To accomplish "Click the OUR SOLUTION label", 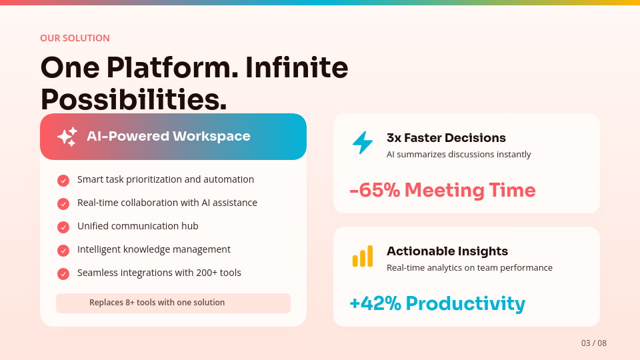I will (75, 38).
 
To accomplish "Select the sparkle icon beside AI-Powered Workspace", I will (67, 137).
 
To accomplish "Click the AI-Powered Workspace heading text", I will (168, 137).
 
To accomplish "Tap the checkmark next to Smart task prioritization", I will (63, 181).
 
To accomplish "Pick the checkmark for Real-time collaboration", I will (63, 204).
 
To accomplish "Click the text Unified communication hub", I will (137, 226).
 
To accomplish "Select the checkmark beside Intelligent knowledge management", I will (63, 251).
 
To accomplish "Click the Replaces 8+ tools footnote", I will (157, 303).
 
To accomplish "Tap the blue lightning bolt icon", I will (363, 143).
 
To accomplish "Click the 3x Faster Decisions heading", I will (446, 138).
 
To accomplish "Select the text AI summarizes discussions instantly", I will (459, 155).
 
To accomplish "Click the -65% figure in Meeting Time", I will (375, 191).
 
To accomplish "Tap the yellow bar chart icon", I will (363, 256).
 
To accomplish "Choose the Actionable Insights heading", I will (447, 251).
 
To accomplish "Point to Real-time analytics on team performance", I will (469, 268).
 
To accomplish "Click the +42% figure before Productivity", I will (375, 304).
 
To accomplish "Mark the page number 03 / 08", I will (593, 343).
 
